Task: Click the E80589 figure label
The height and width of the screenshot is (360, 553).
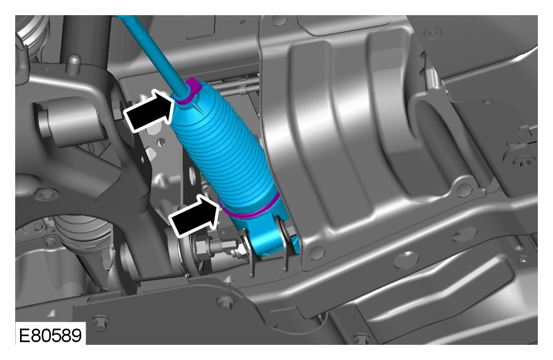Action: (x=50, y=335)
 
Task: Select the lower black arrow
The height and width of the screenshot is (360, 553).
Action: (x=194, y=216)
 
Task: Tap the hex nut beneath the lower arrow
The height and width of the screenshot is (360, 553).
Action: (x=201, y=246)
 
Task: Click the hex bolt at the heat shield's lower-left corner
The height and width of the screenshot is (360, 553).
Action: (x=316, y=253)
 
